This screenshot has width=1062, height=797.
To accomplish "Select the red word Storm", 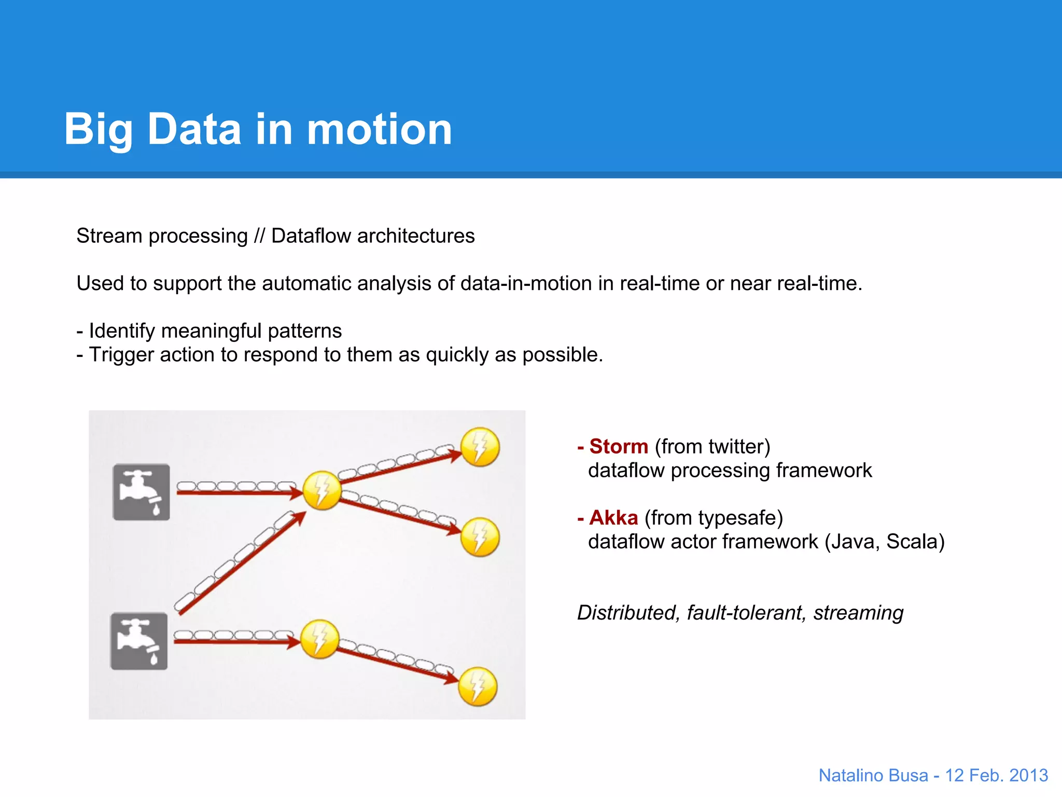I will (x=619, y=446).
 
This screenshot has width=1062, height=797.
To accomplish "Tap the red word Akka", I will (x=613, y=517).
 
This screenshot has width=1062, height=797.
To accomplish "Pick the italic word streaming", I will (x=858, y=613).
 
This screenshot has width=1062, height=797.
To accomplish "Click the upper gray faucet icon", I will (x=141, y=492).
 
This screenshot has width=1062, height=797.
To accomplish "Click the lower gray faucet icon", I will (x=139, y=641).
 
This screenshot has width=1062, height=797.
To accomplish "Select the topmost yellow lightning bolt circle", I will (x=480, y=447).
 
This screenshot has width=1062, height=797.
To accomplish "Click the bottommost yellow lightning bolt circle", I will (x=478, y=686).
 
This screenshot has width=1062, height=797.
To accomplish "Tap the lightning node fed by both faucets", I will (x=322, y=490).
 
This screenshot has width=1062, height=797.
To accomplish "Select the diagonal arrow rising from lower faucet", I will (x=241, y=563).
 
